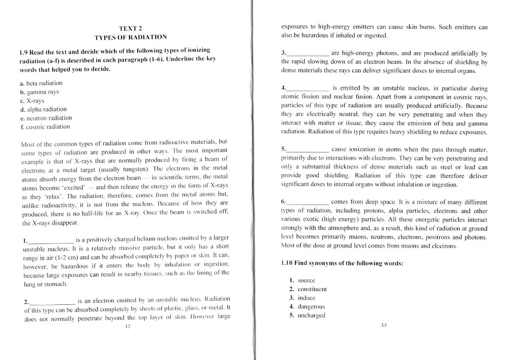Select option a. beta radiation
(x=41, y=83)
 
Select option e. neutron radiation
(x=46, y=118)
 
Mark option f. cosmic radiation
(x=45, y=127)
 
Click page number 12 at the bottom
(x=128, y=327)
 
